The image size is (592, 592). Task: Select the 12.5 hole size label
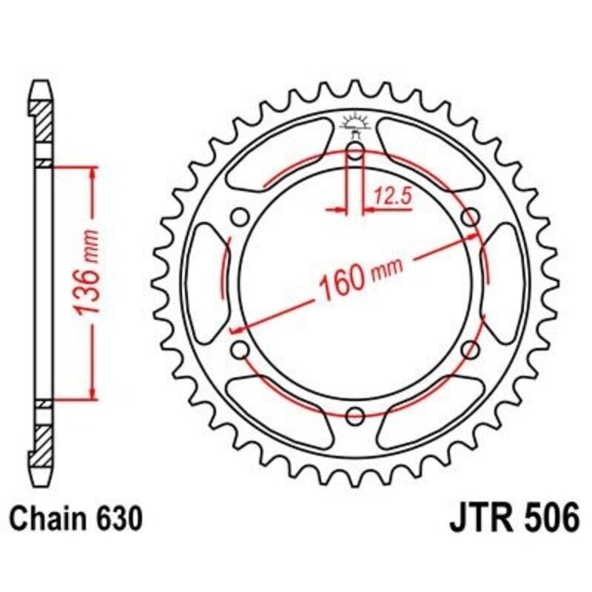pos(391,196)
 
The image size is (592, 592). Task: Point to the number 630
pos(118,519)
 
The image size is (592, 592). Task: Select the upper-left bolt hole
pos(239,217)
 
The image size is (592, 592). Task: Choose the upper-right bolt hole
pos(470,217)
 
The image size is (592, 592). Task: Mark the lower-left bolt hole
pos(239,349)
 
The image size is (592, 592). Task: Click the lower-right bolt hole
pos(470,349)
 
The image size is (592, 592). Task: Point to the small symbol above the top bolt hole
pos(354,124)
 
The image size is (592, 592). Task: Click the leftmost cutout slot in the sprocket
pos(206,283)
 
